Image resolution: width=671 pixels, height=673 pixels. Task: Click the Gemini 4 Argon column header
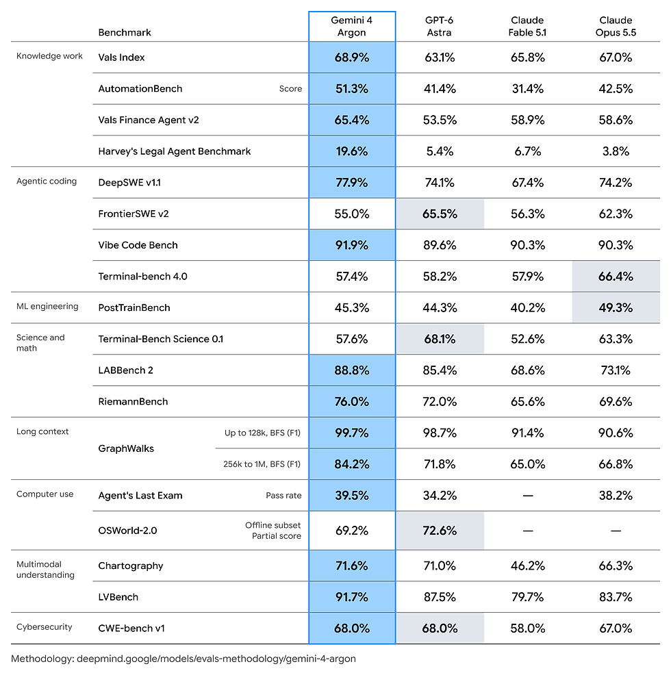point(352,26)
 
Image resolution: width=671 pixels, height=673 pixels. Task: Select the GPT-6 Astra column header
point(439,26)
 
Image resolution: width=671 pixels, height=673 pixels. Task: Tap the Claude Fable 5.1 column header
point(527,26)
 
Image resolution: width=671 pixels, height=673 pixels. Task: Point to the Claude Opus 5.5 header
point(616,26)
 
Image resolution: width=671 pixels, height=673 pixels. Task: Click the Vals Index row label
point(121,58)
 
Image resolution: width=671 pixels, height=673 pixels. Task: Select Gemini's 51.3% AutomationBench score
point(352,89)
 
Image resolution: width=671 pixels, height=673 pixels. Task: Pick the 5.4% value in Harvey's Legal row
point(440,151)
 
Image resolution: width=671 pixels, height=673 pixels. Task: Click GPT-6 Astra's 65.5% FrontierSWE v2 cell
point(440,214)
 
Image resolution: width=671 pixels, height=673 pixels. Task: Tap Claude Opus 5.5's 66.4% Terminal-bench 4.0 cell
point(616,277)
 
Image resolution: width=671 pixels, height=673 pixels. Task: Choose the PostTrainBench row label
point(134,307)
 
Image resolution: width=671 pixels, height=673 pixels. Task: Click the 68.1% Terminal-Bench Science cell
point(440,339)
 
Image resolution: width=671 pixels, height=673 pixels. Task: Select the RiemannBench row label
point(133,402)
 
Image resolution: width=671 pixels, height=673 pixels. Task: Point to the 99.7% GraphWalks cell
point(352,433)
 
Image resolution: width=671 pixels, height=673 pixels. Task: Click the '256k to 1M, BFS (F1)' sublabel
point(262,464)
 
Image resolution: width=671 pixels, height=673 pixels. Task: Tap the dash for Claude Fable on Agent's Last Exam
point(528,496)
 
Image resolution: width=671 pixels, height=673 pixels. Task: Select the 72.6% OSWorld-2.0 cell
point(440,531)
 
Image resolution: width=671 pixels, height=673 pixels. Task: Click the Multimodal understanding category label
point(45,570)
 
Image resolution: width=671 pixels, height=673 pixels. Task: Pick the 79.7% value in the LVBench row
point(528,597)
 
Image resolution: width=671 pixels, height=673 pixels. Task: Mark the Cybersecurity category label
point(45,627)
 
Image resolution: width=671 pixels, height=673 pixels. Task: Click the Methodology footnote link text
point(183,659)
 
